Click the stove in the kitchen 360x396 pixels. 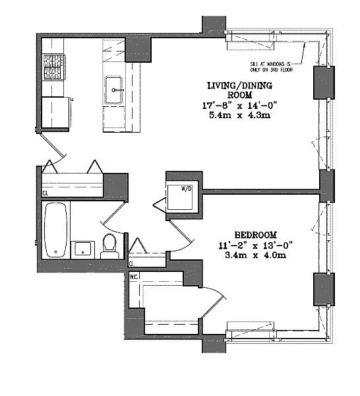(x=52, y=67)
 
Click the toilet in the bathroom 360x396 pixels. (x=110, y=246)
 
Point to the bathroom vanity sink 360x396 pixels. (x=83, y=249)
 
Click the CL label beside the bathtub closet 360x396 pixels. (x=45, y=193)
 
